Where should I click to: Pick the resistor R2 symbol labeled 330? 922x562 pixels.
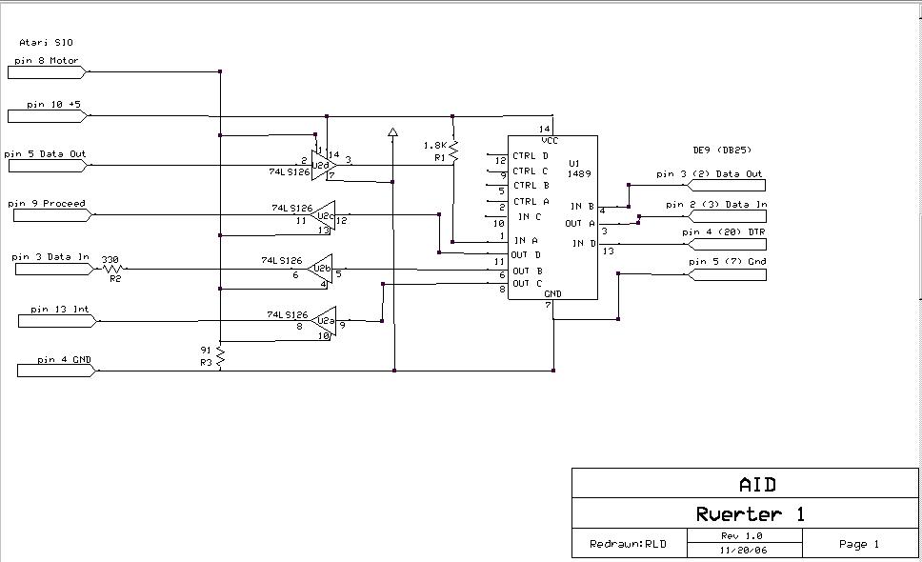point(115,270)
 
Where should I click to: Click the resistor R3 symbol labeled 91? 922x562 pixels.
point(220,356)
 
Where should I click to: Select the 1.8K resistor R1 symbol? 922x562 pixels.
point(453,151)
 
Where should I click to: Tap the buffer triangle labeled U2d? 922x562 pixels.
point(325,163)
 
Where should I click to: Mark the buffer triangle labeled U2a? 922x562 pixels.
point(324,321)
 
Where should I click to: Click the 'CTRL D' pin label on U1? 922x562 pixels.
point(531,156)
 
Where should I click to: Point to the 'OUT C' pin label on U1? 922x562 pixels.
point(528,284)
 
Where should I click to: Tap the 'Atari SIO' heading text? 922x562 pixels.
point(46,43)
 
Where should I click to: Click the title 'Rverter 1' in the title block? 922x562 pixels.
point(751,514)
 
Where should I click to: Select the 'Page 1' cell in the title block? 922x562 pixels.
point(858,544)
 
